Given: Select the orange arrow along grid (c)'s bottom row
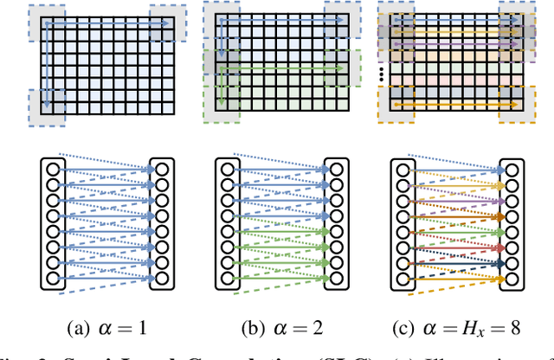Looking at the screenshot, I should tap(450, 106).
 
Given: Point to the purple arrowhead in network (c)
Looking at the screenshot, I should tap(500, 201).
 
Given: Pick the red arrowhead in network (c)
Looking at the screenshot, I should tap(500, 247).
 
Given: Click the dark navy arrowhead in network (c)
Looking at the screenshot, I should tap(500, 264).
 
